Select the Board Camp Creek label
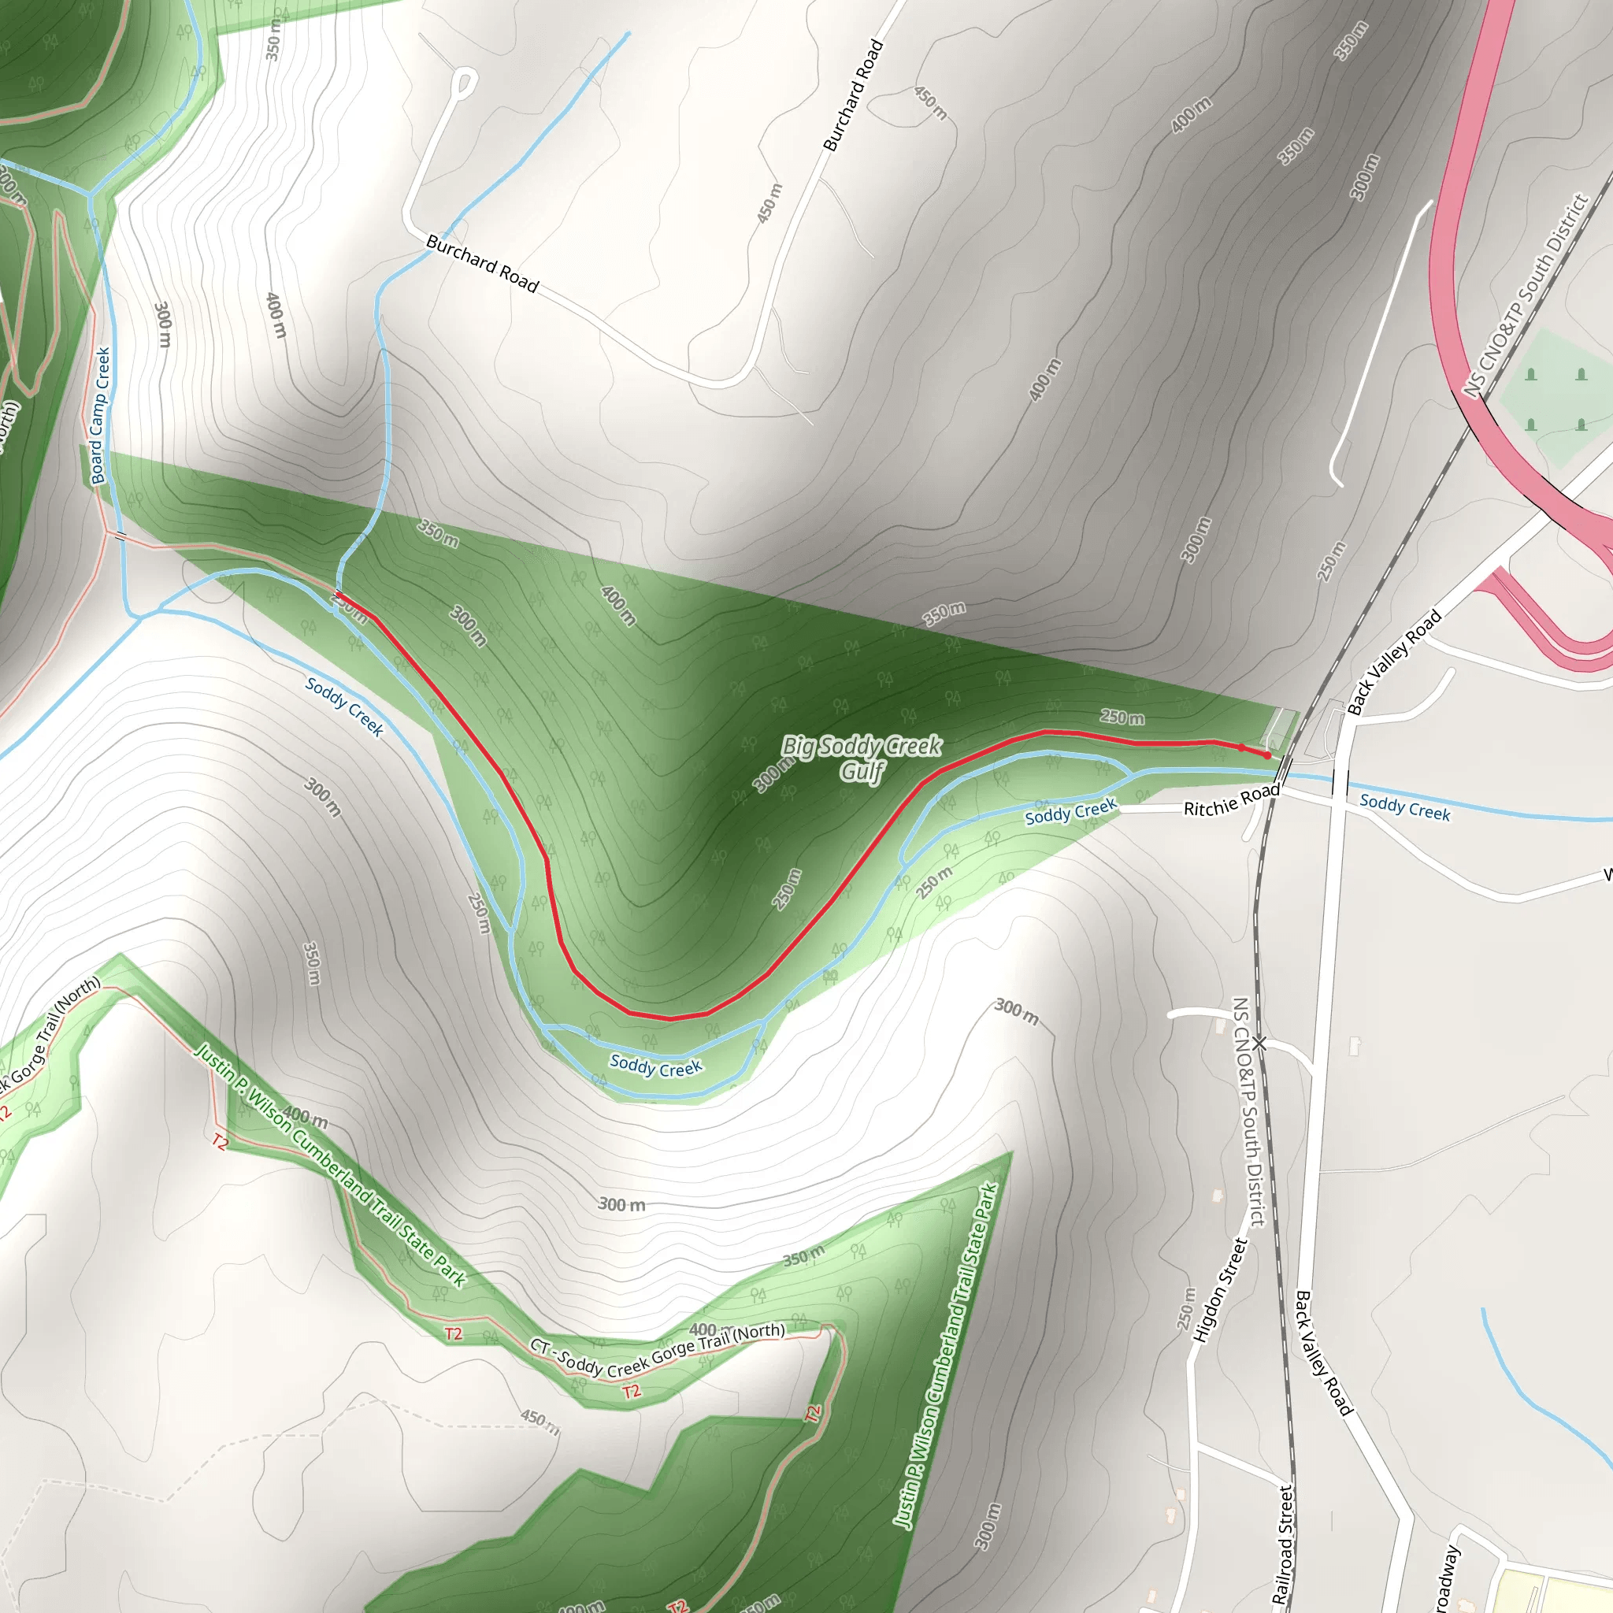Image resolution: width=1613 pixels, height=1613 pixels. [x=100, y=416]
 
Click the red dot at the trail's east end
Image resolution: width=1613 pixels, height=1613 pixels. [x=1267, y=755]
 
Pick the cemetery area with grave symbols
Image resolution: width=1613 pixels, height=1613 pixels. [x=1556, y=399]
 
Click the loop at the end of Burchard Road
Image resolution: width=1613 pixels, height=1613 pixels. [x=465, y=82]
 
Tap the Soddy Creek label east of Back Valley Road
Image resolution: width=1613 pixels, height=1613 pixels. [x=1405, y=807]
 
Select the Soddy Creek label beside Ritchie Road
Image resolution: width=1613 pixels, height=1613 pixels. [x=1070, y=811]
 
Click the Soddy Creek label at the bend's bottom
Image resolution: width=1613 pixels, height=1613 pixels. [x=655, y=1066]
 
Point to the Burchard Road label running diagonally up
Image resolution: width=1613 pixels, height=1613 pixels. [x=853, y=95]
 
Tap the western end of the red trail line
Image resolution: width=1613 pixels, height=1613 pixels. [x=338, y=595]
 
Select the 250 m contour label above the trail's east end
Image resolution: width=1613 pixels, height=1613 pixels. [x=1122, y=718]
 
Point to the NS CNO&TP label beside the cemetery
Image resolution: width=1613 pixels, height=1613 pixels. [x=1525, y=295]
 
